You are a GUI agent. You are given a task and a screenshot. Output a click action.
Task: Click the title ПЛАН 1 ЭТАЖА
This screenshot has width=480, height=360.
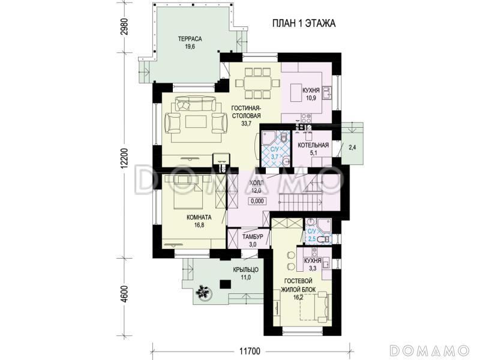point(304,23)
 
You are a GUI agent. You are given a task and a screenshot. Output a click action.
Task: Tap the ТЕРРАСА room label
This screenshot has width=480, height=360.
point(190,39)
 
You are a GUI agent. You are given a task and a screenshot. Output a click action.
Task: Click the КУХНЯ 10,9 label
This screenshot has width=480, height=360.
point(311,94)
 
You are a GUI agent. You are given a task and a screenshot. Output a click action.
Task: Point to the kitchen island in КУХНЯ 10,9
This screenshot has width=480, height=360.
point(296,93)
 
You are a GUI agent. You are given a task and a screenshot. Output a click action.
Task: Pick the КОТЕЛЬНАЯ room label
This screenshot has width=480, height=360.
point(313,145)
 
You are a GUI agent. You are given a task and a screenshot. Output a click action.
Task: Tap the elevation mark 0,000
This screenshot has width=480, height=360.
point(257,202)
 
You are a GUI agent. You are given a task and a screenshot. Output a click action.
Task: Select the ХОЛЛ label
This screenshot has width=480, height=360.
point(256,183)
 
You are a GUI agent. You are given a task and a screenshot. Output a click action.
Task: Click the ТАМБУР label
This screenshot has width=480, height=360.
point(253,236)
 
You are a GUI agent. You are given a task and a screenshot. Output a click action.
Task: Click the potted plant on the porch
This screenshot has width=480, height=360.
point(203,292)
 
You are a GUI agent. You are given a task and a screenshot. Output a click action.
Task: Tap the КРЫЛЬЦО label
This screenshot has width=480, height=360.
point(246,269)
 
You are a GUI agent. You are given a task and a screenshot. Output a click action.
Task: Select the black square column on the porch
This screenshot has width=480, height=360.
point(226,284)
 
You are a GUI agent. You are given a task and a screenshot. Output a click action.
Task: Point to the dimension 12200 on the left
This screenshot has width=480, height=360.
point(124,158)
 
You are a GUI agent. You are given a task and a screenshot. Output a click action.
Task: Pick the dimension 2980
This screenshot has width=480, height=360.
point(124,28)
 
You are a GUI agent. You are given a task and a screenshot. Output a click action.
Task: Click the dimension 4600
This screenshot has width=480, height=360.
point(124,294)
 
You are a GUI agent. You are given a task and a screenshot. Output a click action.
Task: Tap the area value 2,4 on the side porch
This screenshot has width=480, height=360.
point(352,148)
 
